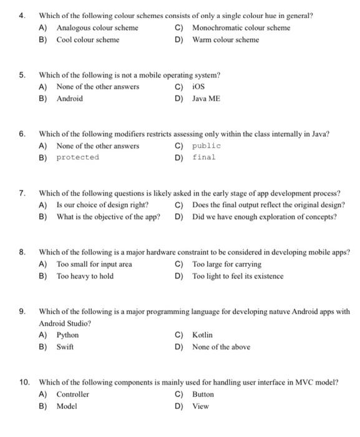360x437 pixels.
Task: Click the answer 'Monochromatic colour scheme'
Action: (241, 27)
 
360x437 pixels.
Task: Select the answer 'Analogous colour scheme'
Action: (97, 27)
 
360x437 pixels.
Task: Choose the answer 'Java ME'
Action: (206, 98)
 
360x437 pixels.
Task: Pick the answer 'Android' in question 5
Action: (69, 98)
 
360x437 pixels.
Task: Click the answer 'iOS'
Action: (198, 86)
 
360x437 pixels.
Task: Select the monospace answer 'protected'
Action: (77, 157)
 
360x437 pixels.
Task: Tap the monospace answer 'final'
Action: (203, 157)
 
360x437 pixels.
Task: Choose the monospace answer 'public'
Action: (206, 145)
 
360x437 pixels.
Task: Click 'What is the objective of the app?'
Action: (108, 217)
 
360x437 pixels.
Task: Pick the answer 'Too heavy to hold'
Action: (85, 276)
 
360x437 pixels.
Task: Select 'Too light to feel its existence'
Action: (238, 276)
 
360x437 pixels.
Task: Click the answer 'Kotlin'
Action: (202, 335)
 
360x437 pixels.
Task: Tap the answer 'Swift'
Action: (65, 346)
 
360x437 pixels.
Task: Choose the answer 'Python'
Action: (67, 335)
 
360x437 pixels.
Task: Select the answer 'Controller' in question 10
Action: (72, 394)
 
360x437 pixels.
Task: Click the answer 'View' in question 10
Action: (200, 406)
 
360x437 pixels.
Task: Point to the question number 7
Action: (22, 193)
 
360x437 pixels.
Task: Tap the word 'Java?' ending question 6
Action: (320, 134)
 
